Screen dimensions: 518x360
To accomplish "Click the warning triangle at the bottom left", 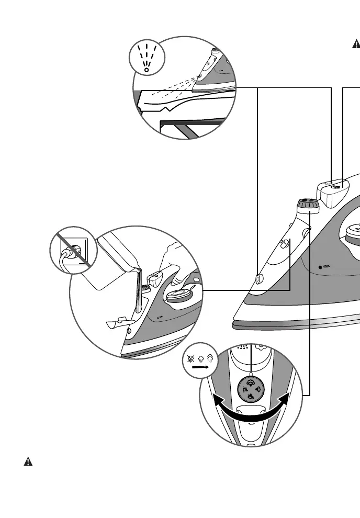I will coord(28,462).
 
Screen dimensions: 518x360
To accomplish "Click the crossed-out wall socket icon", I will coord(73,253).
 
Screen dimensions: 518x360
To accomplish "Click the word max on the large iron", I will coord(329,266).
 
